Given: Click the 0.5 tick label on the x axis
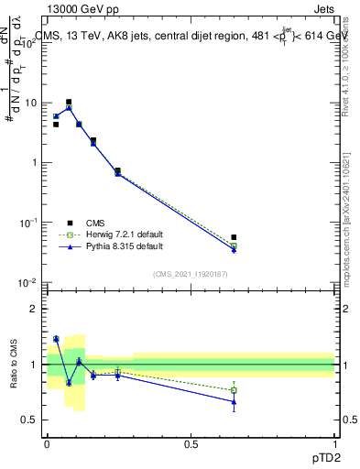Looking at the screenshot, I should pos(191,444).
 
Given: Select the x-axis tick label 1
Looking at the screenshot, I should pos(334,444).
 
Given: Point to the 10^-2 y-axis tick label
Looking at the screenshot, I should pos(27,282).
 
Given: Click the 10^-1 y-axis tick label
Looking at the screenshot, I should pos(27,223).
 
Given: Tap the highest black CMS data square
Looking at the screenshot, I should pos(69,102).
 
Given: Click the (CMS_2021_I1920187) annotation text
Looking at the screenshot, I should pos(190,274).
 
